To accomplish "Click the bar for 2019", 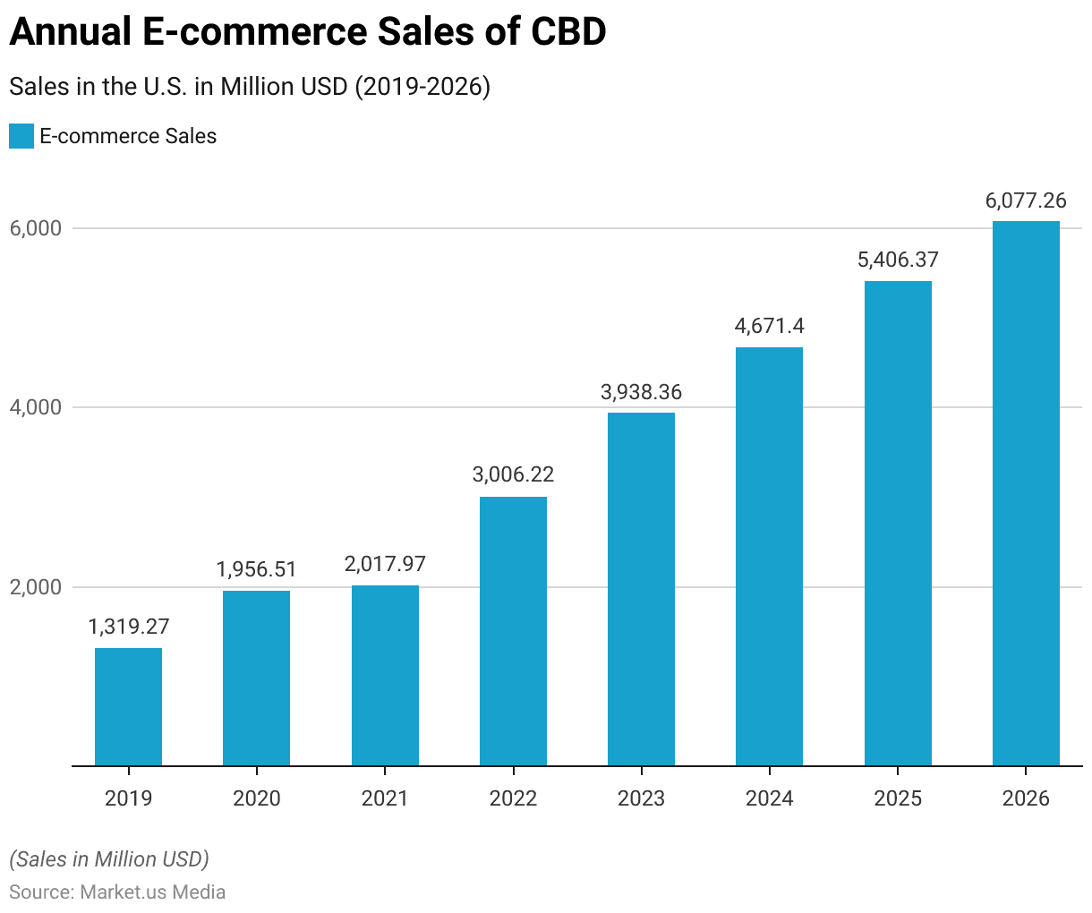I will pos(128,706).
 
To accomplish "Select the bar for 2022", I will pos(513,631).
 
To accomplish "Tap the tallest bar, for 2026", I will pos(1026,493).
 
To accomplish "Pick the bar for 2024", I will pos(769,556).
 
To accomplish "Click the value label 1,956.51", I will pos(256,569).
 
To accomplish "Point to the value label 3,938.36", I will pos(641,392).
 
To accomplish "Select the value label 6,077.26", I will pos(1026,201).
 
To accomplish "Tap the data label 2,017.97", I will pos(385,564).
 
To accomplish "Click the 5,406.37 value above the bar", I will pos(898,260).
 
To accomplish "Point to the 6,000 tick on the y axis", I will pos(36,228).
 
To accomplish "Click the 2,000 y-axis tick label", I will pos(36,587).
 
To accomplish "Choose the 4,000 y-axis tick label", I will pos(36,407).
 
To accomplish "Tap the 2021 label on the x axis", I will pos(385,798).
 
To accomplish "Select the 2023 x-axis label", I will pos(641,798).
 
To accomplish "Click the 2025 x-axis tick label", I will pos(898,798).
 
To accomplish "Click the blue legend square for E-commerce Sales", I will pos(21,136).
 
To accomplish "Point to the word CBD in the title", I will pos(567,32).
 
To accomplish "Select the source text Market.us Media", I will pos(152,892).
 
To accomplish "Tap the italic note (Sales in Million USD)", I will pos(109,859).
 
